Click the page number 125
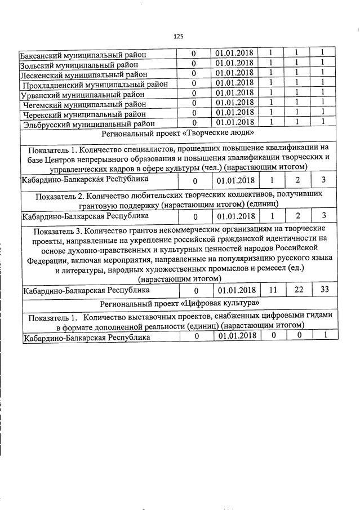(x=179, y=37)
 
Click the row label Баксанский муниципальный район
(x=83, y=55)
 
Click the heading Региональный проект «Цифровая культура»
(x=179, y=304)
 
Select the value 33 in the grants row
(x=323, y=290)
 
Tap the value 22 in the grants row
(x=297, y=290)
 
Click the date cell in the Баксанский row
(x=235, y=54)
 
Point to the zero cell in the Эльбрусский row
(x=193, y=123)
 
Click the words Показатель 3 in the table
(x=59, y=232)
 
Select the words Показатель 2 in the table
(x=61, y=195)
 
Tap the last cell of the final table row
(x=323, y=336)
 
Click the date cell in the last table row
(x=235, y=336)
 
